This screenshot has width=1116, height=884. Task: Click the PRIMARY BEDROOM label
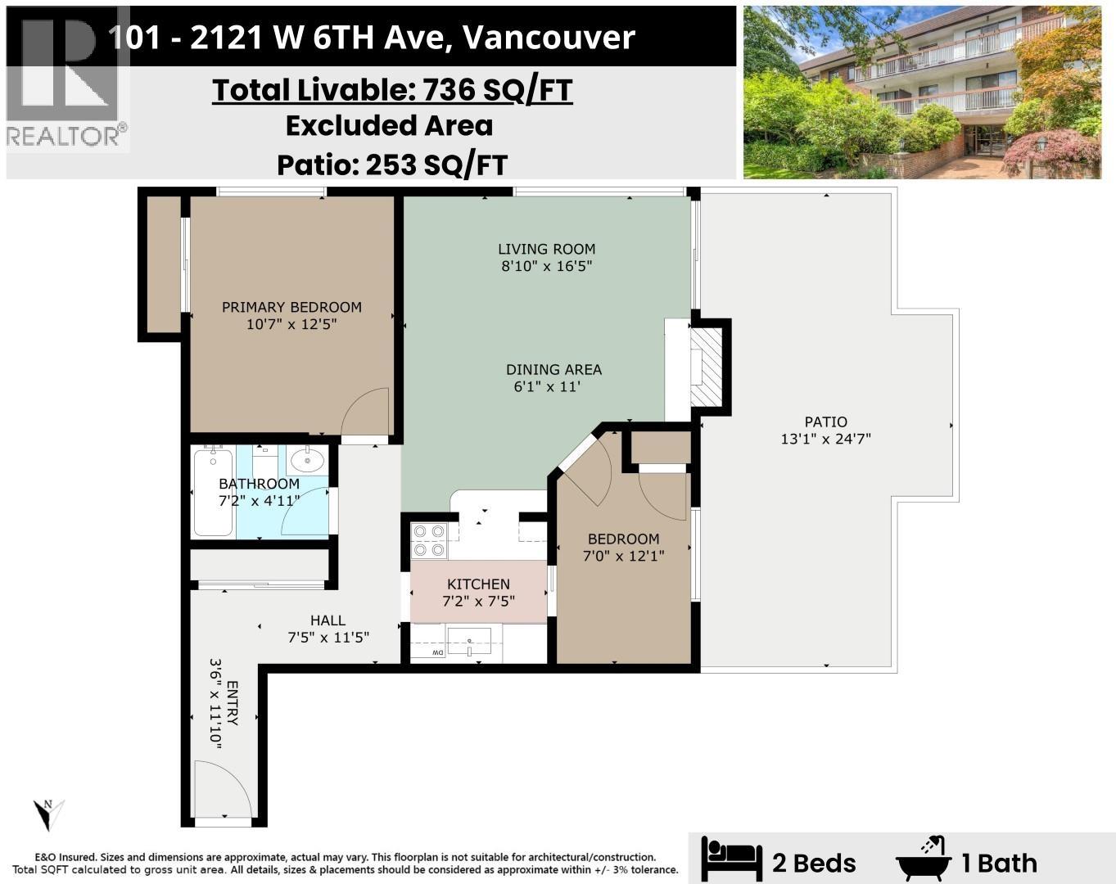tap(291, 307)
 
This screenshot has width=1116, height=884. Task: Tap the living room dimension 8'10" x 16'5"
tap(547, 266)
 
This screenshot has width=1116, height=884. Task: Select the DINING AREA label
tap(553, 369)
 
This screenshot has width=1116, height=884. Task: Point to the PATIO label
tap(825, 422)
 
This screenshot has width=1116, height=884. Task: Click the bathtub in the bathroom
tap(213, 491)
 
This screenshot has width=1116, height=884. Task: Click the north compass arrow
tap(47, 814)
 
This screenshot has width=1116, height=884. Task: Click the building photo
tap(922, 92)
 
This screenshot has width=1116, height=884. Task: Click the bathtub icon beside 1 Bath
tap(924, 859)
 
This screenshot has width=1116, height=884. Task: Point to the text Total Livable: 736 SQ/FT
tap(392, 90)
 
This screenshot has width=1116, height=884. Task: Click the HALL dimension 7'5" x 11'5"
tap(328, 637)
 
